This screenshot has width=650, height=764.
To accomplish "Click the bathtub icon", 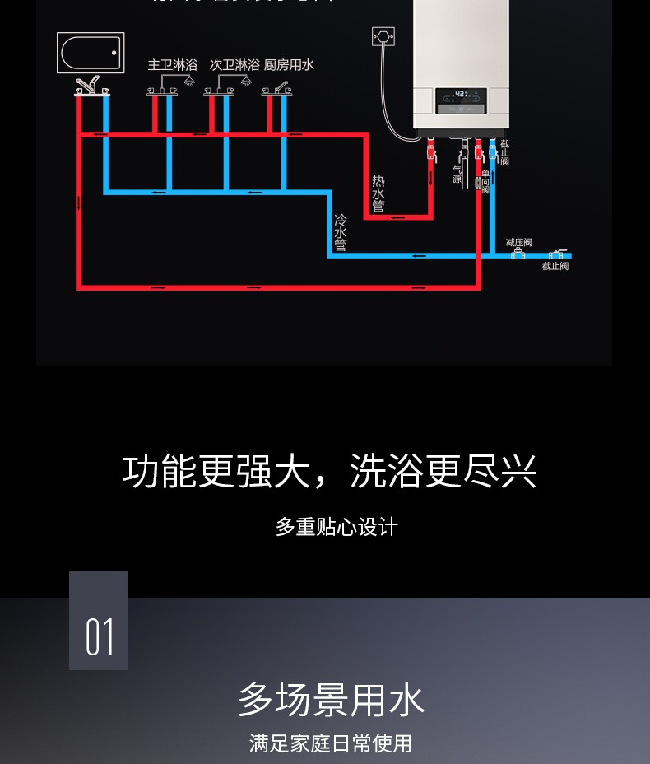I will click(91, 53).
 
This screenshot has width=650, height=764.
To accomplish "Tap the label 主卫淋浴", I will click(173, 64).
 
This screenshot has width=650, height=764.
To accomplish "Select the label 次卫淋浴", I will click(234, 64).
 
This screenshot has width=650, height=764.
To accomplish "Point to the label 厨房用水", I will click(289, 64).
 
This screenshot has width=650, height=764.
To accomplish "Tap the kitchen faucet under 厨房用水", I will click(280, 86).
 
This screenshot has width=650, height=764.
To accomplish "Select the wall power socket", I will click(383, 37).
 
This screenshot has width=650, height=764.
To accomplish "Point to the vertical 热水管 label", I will click(378, 193).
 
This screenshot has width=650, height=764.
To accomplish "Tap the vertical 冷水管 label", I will click(340, 233).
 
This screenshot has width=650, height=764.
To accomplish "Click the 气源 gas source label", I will click(457, 174).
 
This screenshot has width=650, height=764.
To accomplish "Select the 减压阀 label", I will click(518, 242).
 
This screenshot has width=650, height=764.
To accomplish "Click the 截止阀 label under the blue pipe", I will click(555, 266).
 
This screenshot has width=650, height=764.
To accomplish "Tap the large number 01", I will click(99, 637).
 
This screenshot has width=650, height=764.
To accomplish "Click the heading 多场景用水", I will click(331, 700).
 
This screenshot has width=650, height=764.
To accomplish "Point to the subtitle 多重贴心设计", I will click(337, 527).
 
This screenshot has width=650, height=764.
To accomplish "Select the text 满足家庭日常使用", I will click(331, 743).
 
